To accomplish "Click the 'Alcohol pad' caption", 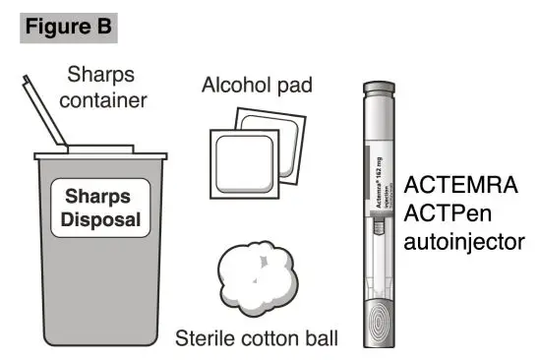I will click(257, 86).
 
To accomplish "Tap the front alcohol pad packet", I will click(245, 161).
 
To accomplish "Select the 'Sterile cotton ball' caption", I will click(257, 340).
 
